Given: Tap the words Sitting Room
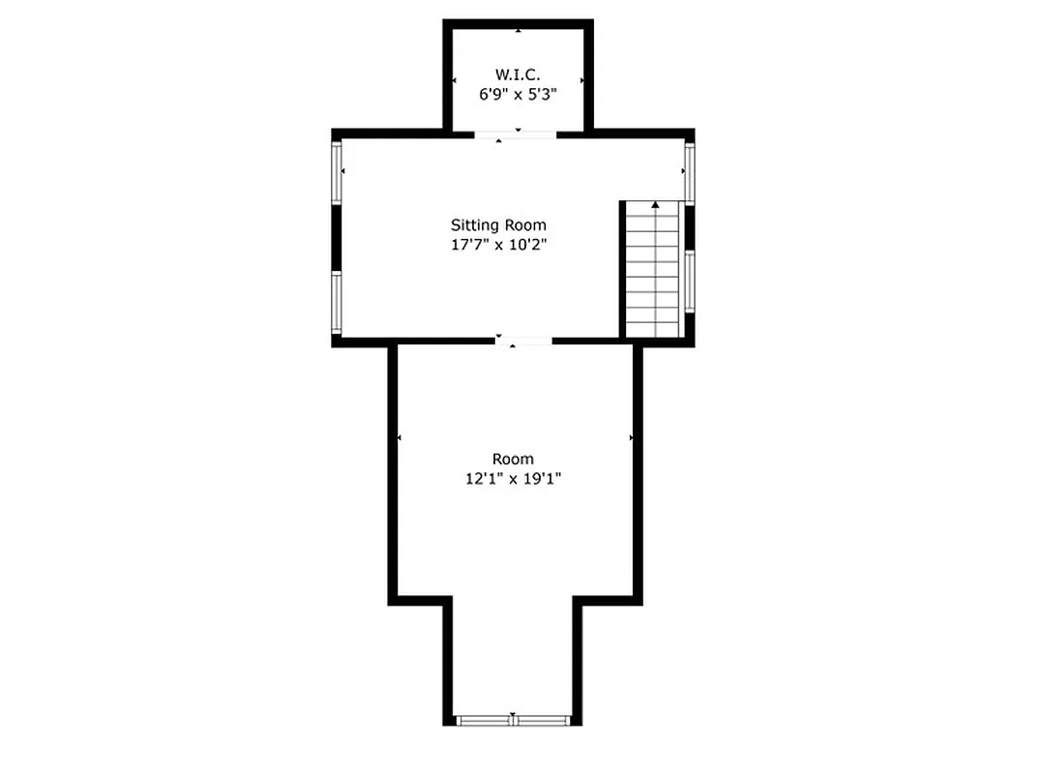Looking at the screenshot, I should (x=498, y=225).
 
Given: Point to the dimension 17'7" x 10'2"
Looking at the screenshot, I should (x=498, y=245).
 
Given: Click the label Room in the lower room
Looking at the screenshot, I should (x=513, y=459).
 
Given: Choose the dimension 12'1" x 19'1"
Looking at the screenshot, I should (x=513, y=478).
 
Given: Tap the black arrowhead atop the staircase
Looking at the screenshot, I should (x=656, y=205).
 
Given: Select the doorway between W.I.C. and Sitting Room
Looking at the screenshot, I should (x=515, y=134).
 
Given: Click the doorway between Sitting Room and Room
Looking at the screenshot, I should (x=523, y=341).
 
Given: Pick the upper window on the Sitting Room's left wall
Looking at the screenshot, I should (x=337, y=173).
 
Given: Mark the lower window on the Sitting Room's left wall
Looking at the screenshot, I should (x=337, y=302).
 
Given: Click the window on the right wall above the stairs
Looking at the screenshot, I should (x=690, y=172).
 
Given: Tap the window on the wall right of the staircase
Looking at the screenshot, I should (x=690, y=282).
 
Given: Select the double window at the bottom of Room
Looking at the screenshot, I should (x=514, y=720).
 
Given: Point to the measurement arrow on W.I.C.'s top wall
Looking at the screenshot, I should (x=519, y=31).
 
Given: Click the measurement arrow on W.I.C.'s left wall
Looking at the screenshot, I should (x=455, y=80).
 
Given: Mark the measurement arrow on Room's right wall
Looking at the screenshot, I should (x=632, y=438).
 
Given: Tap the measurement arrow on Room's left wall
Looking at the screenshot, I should (x=400, y=438).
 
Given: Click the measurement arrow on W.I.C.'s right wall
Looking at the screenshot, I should (x=581, y=80).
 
